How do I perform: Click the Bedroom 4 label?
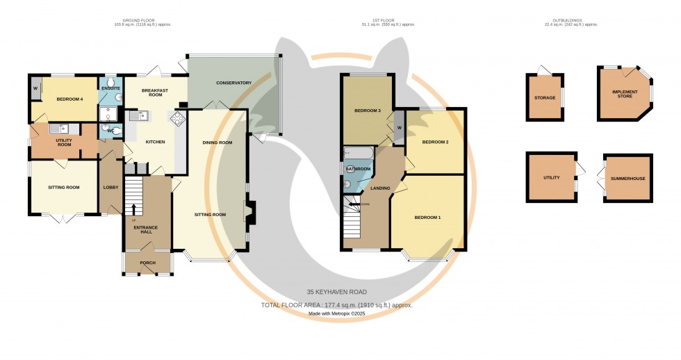pyautogui.click(x=69, y=99)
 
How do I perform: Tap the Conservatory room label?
pyautogui.click(x=233, y=83)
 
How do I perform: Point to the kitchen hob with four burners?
pyautogui.click(x=177, y=118)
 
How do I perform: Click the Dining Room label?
pyautogui.click(x=217, y=142)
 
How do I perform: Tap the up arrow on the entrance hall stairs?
pyautogui.click(x=133, y=208)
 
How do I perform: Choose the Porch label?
pyautogui.click(x=147, y=263)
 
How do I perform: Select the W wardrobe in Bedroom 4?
pyautogui.click(x=35, y=88)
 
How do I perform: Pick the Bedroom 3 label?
pyautogui.click(x=368, y=111)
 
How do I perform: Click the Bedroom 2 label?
pyautogui.click(x=436, y=142)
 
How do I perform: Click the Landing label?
pyautogui.click(x=380, y=188)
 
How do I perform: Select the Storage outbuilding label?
pyautogui.click(x=545, y=98)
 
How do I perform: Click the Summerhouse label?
pyautogui.click(x=627, y=179)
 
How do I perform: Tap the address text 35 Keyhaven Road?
pyautogui.click(x=336, y=293)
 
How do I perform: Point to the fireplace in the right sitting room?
pyautogui.click(x=250, y=211)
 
